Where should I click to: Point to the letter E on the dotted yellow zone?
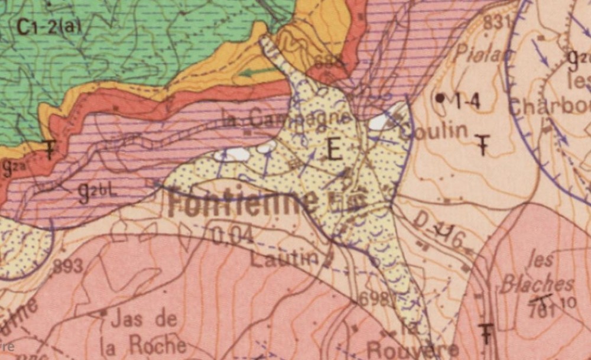click(x=334, y=151)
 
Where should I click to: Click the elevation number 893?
click(x=68, y=267)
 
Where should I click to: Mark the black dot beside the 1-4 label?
click(x=440, y=98)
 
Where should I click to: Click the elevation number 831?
click(x=496, y=22)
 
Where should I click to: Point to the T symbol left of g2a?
click(x=51, y=150)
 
